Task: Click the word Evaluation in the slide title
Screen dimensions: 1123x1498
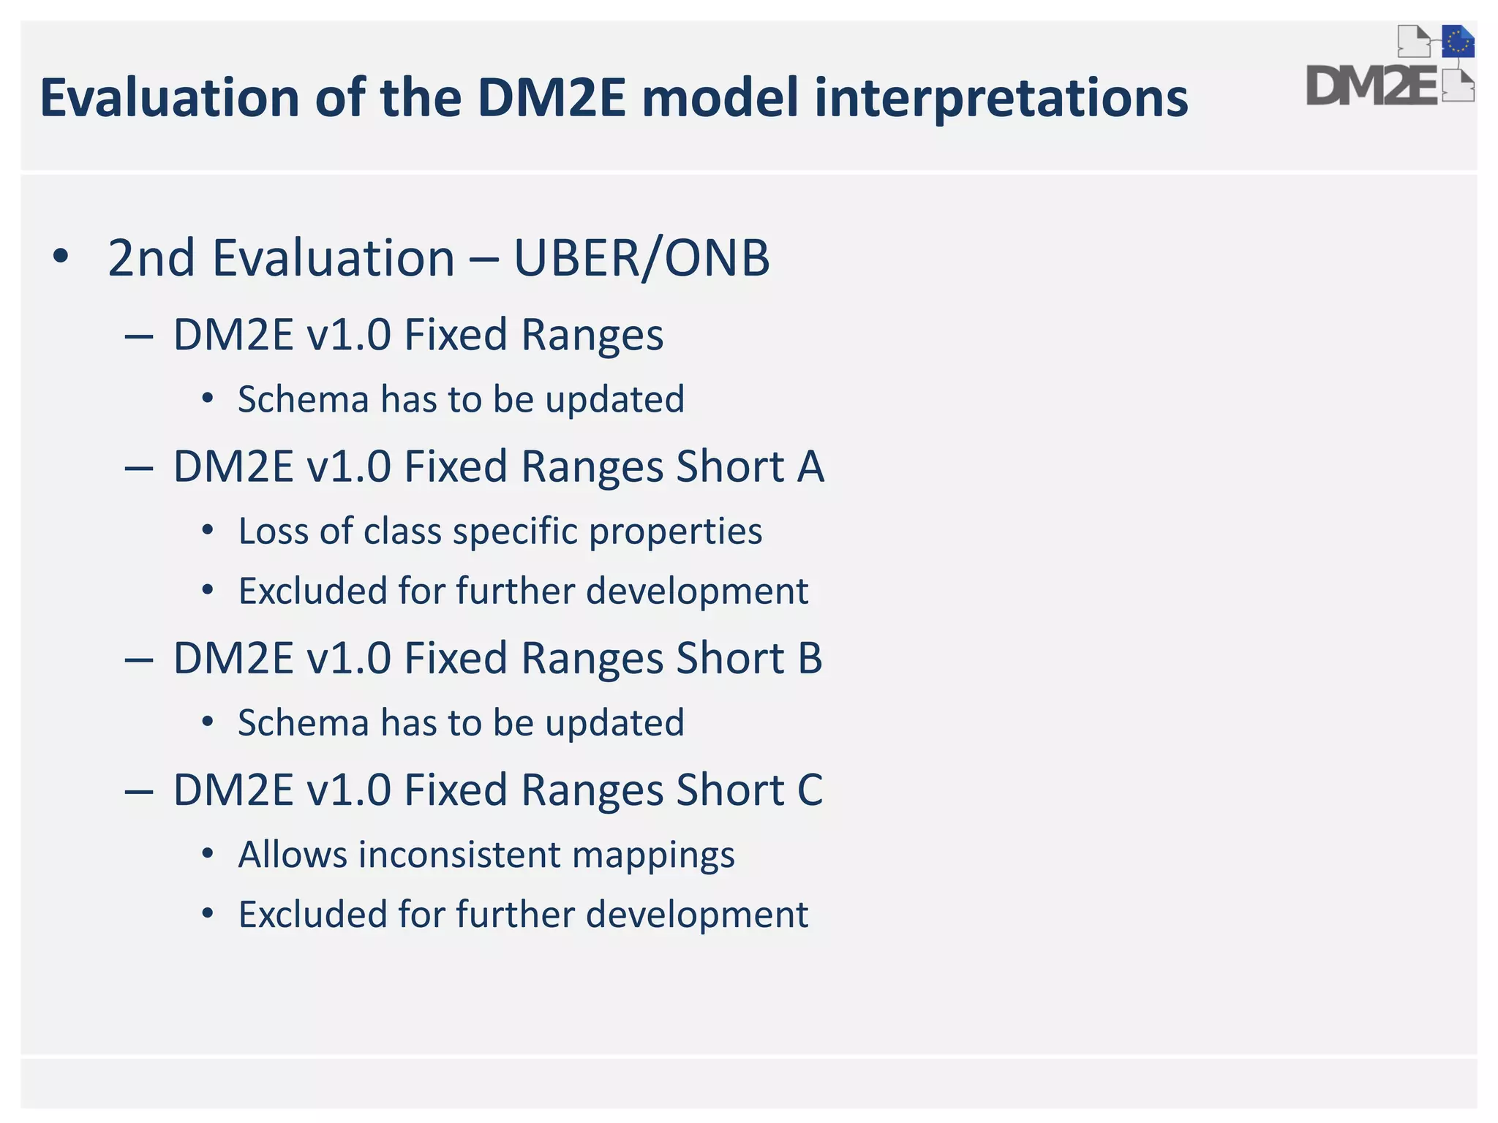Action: coord(169,98)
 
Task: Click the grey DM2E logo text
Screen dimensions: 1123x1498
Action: coord(1371,86)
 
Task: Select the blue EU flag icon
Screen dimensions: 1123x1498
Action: coord(1458,42)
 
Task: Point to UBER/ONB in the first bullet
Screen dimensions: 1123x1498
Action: coord(641,258)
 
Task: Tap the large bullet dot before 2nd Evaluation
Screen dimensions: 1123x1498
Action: coord(61,257)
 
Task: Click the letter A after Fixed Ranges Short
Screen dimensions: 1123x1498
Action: coord(810,467)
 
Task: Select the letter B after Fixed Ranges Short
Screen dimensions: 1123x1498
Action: coord(810,659)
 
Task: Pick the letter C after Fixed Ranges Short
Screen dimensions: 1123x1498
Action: coord(810,791)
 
